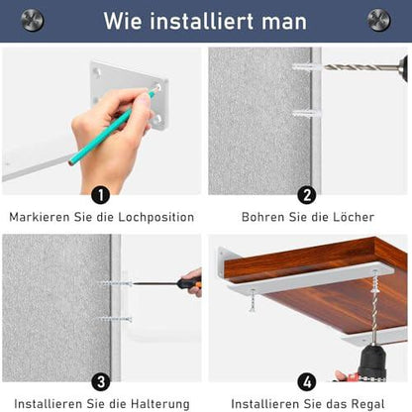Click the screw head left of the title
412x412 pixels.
(32, 20)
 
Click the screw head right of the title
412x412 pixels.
(378, 20)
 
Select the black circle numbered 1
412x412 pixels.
(101, 195)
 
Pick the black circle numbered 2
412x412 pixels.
(307, 195)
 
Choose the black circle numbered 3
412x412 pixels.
(101, 382)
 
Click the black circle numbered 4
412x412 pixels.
(307, 382)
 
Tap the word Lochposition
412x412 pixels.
(156, 218)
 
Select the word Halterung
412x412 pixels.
(160, 404)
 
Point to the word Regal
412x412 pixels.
(367, 404)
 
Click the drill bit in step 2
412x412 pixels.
(361, 67)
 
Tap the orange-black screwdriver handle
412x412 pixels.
(189, 283)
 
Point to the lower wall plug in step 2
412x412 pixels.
(307, 114)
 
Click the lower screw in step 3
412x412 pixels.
(116, 319)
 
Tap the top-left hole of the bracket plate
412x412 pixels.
(97, 71)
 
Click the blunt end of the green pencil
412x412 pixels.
(72, 161)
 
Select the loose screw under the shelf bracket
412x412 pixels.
(253, 300)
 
